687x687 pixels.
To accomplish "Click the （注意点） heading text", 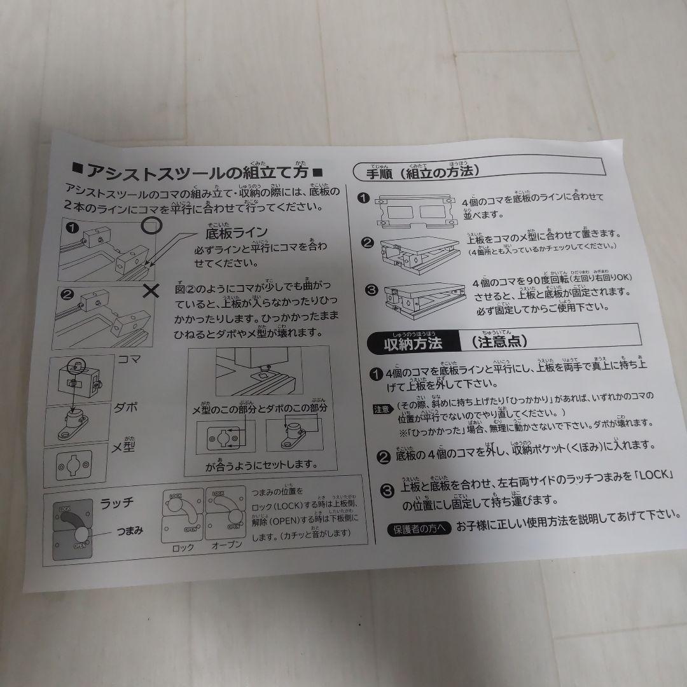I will [500, 341].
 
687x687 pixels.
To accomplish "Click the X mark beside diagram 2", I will [151, 291].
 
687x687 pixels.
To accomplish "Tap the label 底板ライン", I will [236, 232].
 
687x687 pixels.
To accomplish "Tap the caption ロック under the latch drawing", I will [183, 547].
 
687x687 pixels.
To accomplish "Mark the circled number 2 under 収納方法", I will [384, 456].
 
